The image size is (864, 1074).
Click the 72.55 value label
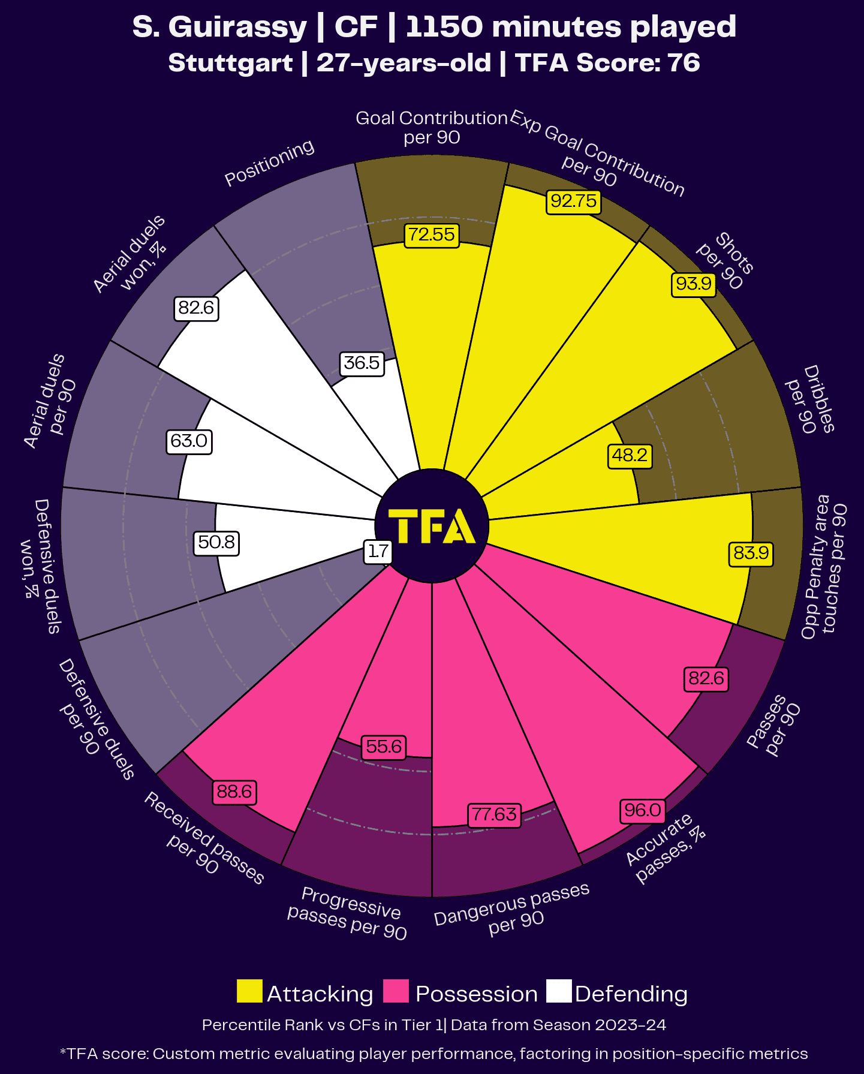432,234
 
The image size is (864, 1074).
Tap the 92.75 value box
574,201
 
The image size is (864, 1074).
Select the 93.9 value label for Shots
694,283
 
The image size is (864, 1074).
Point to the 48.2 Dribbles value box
630,456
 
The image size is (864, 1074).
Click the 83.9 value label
751,552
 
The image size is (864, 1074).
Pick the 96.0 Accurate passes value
642,811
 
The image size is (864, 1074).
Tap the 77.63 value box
494,814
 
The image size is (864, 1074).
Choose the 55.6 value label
384,747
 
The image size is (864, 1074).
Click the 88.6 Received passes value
234,792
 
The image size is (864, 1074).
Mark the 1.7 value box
378,551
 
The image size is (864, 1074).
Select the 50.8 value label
216,543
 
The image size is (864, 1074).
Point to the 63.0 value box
189,441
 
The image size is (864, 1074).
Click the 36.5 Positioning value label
362,363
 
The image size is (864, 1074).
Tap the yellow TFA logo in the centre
432,526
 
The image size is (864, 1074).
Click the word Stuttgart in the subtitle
230,63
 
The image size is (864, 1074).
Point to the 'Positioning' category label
269,163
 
